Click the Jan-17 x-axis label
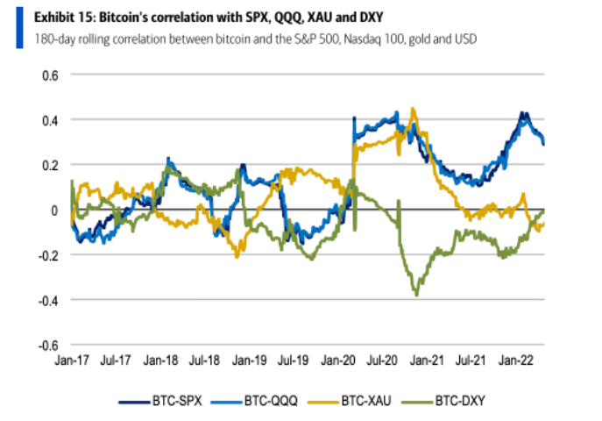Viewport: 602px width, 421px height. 70,360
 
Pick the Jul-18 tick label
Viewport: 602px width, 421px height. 204,360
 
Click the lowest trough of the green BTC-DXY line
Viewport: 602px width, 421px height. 416,296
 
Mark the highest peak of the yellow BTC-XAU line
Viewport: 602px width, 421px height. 413,108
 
